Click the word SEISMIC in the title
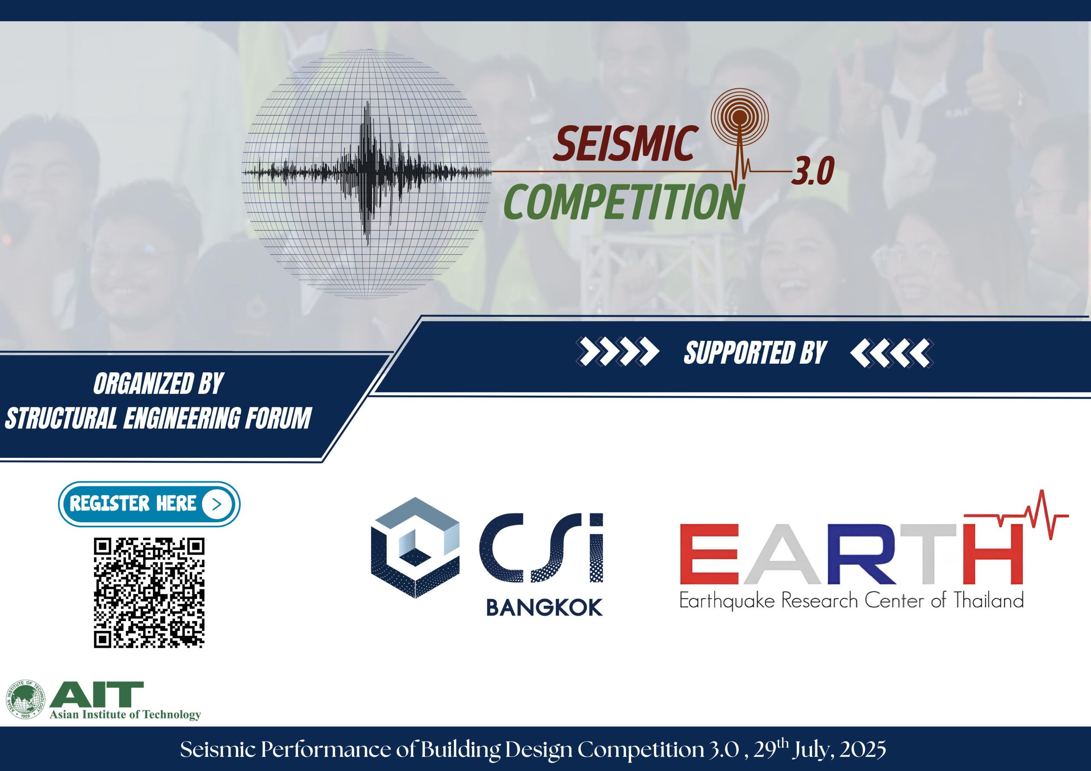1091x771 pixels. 624,144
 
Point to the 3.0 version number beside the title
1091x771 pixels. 813,172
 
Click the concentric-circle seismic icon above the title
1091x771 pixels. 739,115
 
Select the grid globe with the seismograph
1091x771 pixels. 367,174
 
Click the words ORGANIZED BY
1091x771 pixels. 158,384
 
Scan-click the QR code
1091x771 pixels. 149,593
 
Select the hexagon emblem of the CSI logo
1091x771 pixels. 415,548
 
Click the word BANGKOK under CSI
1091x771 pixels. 544,607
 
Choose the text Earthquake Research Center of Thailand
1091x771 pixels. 851,601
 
